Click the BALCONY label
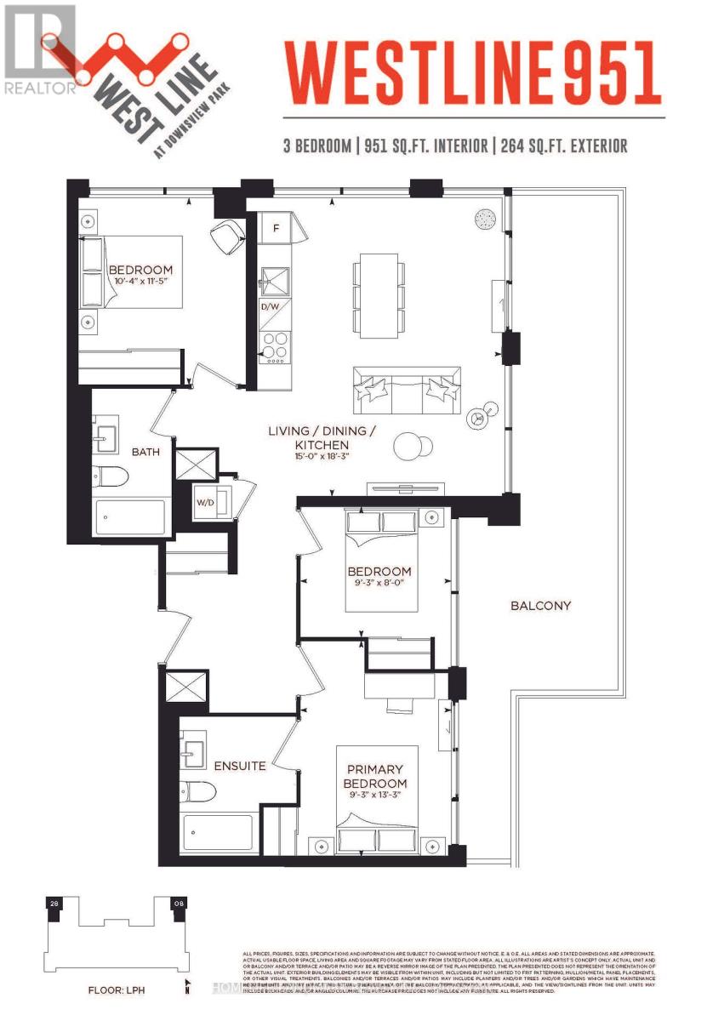tap(540, 606)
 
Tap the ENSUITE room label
tap(239, 766)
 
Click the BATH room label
tap(145, 452)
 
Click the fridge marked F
tap(276, 227)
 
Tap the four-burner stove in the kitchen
tap(275, 348)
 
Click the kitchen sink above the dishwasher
tap(275, 280)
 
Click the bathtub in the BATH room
tap(130, 517)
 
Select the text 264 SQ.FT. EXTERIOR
tap(564, 146)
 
